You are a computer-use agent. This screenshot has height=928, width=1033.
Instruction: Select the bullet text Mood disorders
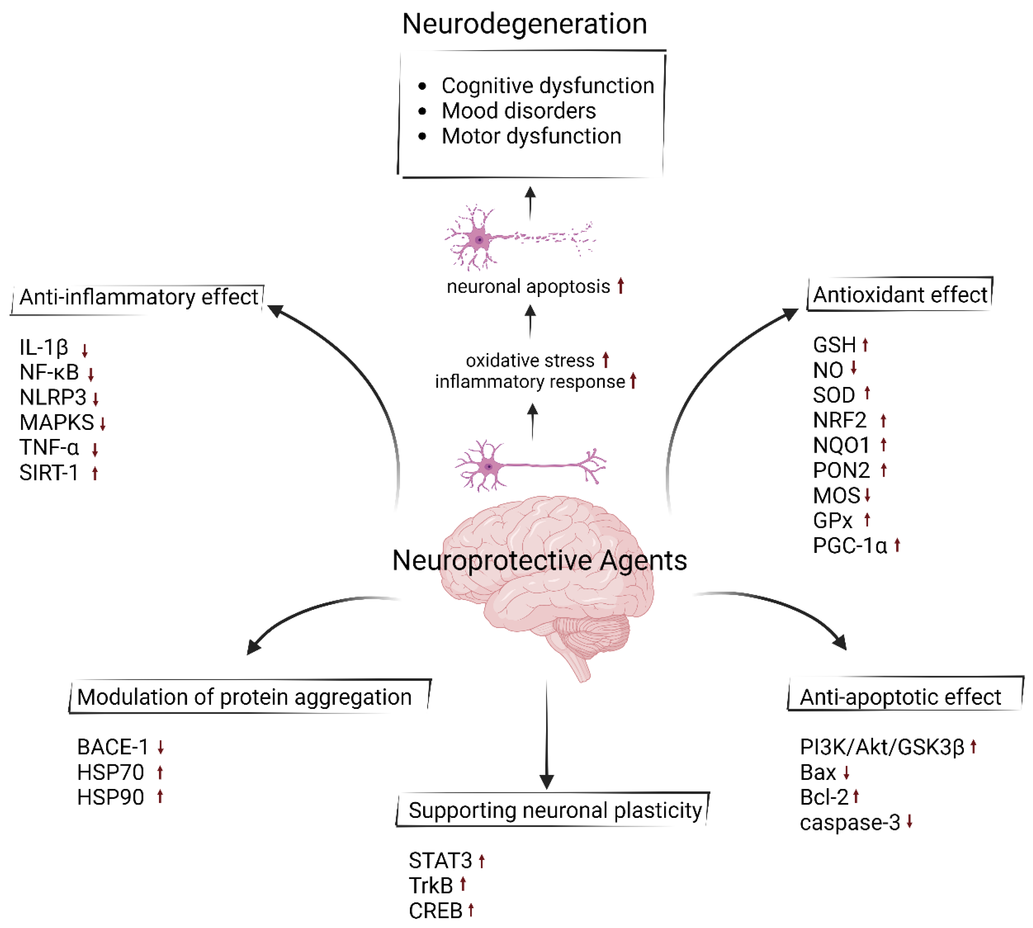pos(518,111)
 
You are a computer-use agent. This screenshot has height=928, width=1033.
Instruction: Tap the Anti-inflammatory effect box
pos(138,297)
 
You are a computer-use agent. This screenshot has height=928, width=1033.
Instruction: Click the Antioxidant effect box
pos(899,295)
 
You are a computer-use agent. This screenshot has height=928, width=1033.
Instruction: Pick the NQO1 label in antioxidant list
pos(841,445)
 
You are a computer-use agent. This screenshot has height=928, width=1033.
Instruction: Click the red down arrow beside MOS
pos(867,495)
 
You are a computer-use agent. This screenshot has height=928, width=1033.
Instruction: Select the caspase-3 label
pos(850,823)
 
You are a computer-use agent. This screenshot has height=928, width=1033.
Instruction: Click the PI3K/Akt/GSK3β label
pos(882,747)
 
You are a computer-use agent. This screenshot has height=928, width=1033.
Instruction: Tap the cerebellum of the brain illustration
pos(591,635)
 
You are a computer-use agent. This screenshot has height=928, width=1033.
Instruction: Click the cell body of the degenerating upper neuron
pos(479,240)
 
